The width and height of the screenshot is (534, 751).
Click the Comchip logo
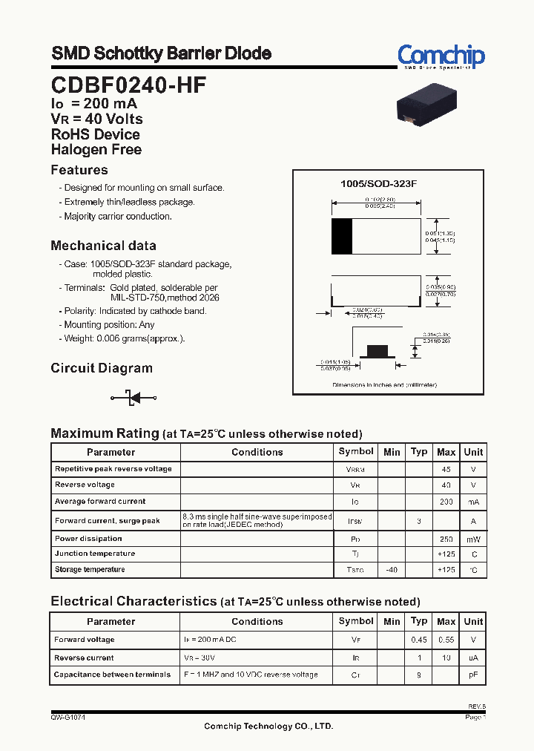pyautogui.click(x=441, y=56)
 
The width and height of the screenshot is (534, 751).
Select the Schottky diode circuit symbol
pyautogui.click(x=134, y=398)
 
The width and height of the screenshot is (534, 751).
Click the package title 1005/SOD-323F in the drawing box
pyautogui.click(x=378, y=183)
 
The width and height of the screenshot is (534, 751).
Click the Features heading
pyautogui.click(x=79, y=170)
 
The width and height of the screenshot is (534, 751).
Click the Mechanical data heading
pyautogui.click(x=103, y=246)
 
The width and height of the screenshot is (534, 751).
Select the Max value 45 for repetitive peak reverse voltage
pyautogui.click(x=446, y=469)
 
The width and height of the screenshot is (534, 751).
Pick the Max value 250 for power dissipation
pyautogui.click(x=446, y=539)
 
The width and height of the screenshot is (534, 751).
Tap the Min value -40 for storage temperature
pyautogui.click(x=392, y=570)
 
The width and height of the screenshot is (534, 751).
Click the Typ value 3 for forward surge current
pyautogui.click(x=419, y=522)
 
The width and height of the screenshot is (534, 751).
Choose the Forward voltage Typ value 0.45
pyautogui.click(x=419, y=640)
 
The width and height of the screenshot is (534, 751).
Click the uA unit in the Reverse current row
pyautogui.click(x=472, y=657)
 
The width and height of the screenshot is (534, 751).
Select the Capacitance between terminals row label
pyautogui.click(x=113, y=675)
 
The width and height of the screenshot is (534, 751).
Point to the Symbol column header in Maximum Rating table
pyautogui.click(x=356, y=452)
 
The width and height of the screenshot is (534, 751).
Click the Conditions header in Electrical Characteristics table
pyautogui.click(x=257, y=622)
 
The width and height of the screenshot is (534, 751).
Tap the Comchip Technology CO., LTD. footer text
pyautogui.click(x=268, y=727)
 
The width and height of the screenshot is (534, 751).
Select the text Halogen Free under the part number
pyautogui.click(x=96, y=149)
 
